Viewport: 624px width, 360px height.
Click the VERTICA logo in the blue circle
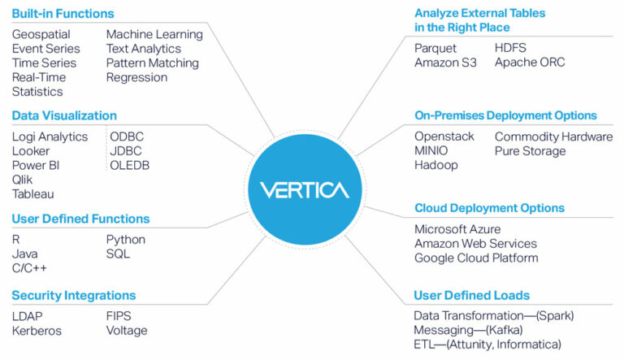(304, 190)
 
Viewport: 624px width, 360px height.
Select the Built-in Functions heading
(63, 13)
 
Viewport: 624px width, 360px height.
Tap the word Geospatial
(41, 34)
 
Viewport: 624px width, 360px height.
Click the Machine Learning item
(154, 34)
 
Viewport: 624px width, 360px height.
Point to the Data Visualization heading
(64, 115)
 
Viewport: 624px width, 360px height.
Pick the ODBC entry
(127, 137)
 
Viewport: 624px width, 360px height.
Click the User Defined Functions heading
(80, 219)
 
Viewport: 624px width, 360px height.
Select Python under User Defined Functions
(126, 240)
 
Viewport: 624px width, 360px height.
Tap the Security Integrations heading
(74, 295)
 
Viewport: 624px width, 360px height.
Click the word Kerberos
(37, 331)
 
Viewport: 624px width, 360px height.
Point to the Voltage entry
(127, 331)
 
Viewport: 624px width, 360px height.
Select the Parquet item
(435, 48)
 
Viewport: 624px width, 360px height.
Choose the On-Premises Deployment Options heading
(505, 115)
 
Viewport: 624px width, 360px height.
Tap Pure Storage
(530, 151)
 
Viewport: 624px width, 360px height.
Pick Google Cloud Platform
(476, 258)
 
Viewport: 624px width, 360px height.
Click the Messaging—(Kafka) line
(468, 330)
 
